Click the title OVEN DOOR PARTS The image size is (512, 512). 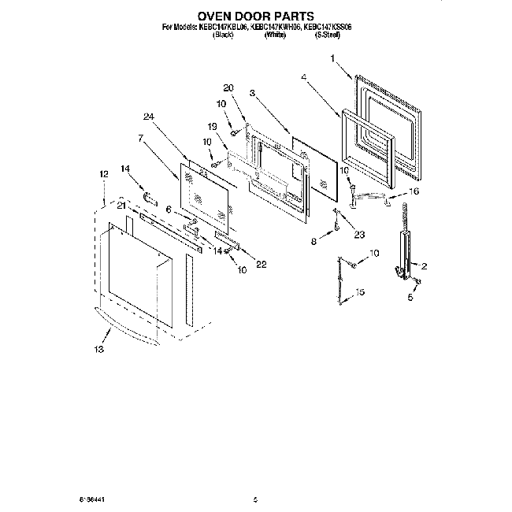255,15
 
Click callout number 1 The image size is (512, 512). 333,58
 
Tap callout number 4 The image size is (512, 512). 304,76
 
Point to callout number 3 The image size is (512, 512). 252,94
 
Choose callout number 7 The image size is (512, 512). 139,138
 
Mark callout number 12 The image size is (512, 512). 104,174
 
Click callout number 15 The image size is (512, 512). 362,292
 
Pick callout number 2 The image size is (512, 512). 424,266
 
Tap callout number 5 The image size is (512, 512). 410,299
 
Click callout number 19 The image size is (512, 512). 212,126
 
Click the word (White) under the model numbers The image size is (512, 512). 275,35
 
